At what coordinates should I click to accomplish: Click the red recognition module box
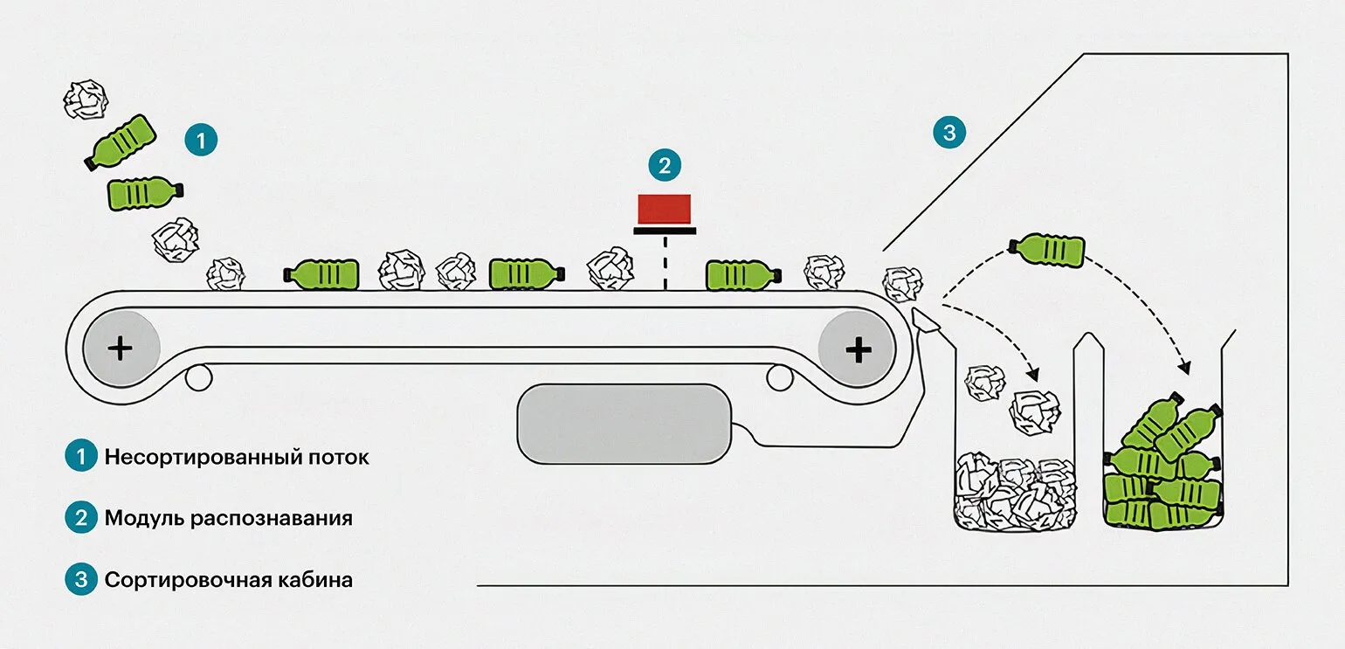coord(664,208)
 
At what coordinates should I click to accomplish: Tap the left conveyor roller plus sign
coord(121,349)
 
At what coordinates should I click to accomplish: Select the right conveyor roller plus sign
coord(858,349)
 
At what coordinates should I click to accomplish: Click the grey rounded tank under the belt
coord(624,424)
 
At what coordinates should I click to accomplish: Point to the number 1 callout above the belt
coord(201,141)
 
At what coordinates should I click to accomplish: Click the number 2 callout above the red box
coord(664,164)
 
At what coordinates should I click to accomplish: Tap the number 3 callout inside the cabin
coord(948,134)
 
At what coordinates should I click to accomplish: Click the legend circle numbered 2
coord(80,518)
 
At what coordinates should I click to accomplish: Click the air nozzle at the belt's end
coord(924,321)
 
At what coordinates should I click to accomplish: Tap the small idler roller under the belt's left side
coord(199,377)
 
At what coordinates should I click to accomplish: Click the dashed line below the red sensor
coord(664,262)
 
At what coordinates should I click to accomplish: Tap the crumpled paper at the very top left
coord(86,99)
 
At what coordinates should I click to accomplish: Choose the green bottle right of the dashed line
coord(742,274)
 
